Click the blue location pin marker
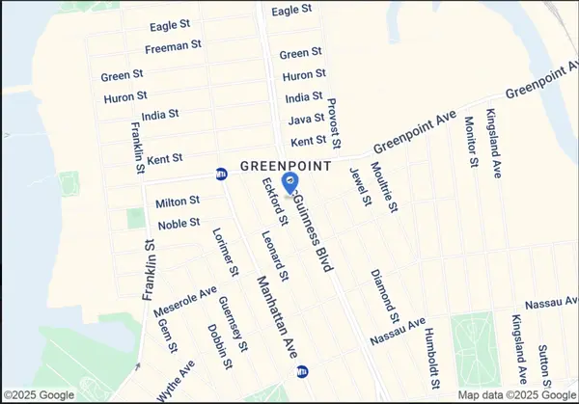coord(289,181)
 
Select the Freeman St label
coord(173,45)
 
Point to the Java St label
coord(305,120)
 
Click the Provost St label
coord(335,123)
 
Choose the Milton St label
coord(178,201)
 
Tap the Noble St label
coord(179,223)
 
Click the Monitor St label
coord(471,141)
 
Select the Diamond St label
coord(385,294)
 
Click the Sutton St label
coord(545,362)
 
